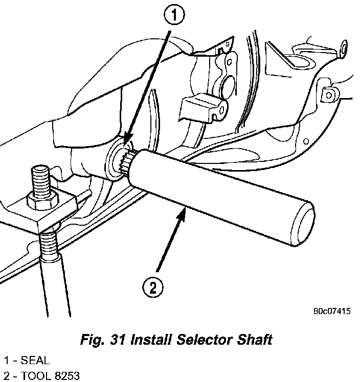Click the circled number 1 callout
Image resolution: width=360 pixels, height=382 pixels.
pos(174,15)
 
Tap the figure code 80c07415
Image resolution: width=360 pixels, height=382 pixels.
pos(332,311)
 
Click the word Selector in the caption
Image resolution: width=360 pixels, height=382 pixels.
pos(204,340)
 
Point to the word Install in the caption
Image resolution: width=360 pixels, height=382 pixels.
pos(151,340)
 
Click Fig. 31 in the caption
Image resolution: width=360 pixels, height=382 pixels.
pos(103,340)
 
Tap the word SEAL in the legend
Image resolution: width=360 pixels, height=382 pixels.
pos(35,361)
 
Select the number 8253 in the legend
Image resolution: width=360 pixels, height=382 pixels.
pos(67,375)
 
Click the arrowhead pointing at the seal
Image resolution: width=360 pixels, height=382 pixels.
pos(128,138)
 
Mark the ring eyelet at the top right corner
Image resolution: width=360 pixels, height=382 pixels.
pos(344,48)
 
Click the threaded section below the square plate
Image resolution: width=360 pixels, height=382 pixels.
pos(49,244)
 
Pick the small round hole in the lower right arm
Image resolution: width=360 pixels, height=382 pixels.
pos(306,141)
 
